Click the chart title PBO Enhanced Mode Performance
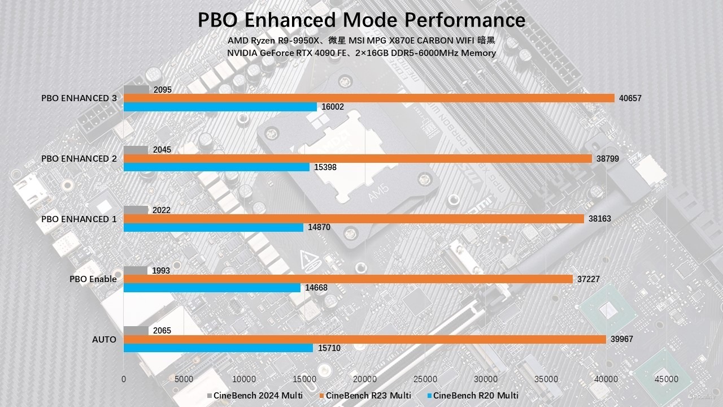[361, 20]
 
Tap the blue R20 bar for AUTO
[218, 348]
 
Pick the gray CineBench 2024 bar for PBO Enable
[136, 270]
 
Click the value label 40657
[630, 98]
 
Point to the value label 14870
[319, 227]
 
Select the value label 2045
[162, 150]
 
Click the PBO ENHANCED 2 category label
[79, 159]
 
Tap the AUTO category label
[104, 340]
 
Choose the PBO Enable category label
[93, 279]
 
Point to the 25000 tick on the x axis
[425, 379]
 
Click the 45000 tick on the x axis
[667, 379]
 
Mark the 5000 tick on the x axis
[184, 379]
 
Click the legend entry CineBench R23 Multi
[368, 395]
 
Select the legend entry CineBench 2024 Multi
[258, 395]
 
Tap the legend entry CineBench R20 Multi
[476, 395]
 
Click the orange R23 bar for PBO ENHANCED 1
[354, 219]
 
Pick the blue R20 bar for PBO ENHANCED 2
[216, 167]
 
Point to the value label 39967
[622, 339]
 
